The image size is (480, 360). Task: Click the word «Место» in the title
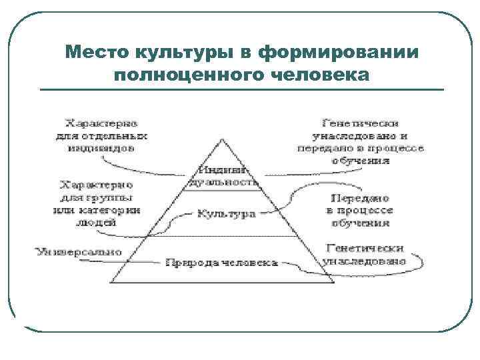click(97, 52)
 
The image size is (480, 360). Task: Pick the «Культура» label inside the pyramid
click(227, 215)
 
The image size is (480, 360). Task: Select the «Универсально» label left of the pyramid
click(79, 252)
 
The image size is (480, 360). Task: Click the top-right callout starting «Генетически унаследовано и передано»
click(361, 141)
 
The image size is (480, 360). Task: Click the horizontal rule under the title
click(241, 89)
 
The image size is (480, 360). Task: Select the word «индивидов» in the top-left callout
click(101, 147)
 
